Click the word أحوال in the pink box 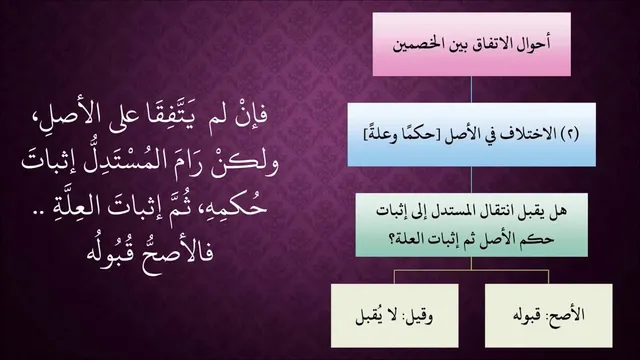click(534, 43)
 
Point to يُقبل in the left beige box click(368, 316)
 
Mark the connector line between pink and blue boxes click(471, 89)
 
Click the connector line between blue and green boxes click(471, 180)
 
